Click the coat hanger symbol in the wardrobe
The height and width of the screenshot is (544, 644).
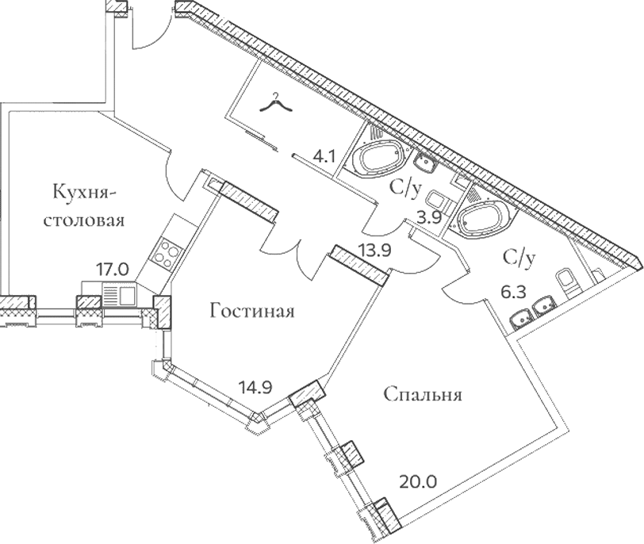click(x=276, y=104)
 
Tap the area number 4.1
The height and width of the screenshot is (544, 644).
click(x=324, y=156)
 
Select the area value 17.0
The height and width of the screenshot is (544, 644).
click(x=112, y=270)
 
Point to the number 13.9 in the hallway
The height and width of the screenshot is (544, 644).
click(x=375, y=250)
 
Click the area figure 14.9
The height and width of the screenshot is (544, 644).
click(x=255, y=387)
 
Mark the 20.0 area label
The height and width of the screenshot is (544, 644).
click(x=418, y=481)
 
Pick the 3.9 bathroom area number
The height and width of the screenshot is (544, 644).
click(x=429, y=217)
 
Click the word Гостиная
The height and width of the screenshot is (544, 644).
click(x=252, y=311)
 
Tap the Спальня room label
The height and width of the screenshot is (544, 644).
click(x=423, y=395)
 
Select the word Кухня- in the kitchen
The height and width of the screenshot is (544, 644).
click(x=85, y=193)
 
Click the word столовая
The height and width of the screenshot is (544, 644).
click(x=84, y=220)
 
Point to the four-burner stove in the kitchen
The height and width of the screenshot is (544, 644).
click(x=168, y=251)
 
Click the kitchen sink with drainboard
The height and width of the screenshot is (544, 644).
click(x=119, y=294)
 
